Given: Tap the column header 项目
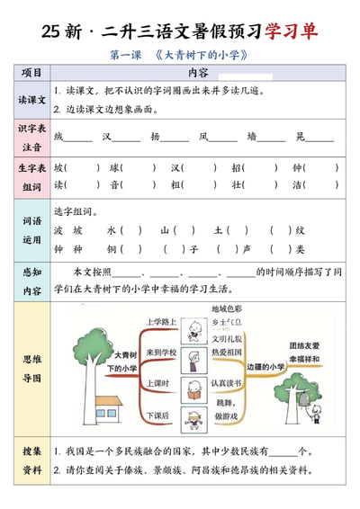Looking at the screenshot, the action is click(31, 72).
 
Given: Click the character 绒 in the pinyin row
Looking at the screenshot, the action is click(59, 137).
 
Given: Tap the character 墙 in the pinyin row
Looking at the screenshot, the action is click(252, 137).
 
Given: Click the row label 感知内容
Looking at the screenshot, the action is click(31, 281).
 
